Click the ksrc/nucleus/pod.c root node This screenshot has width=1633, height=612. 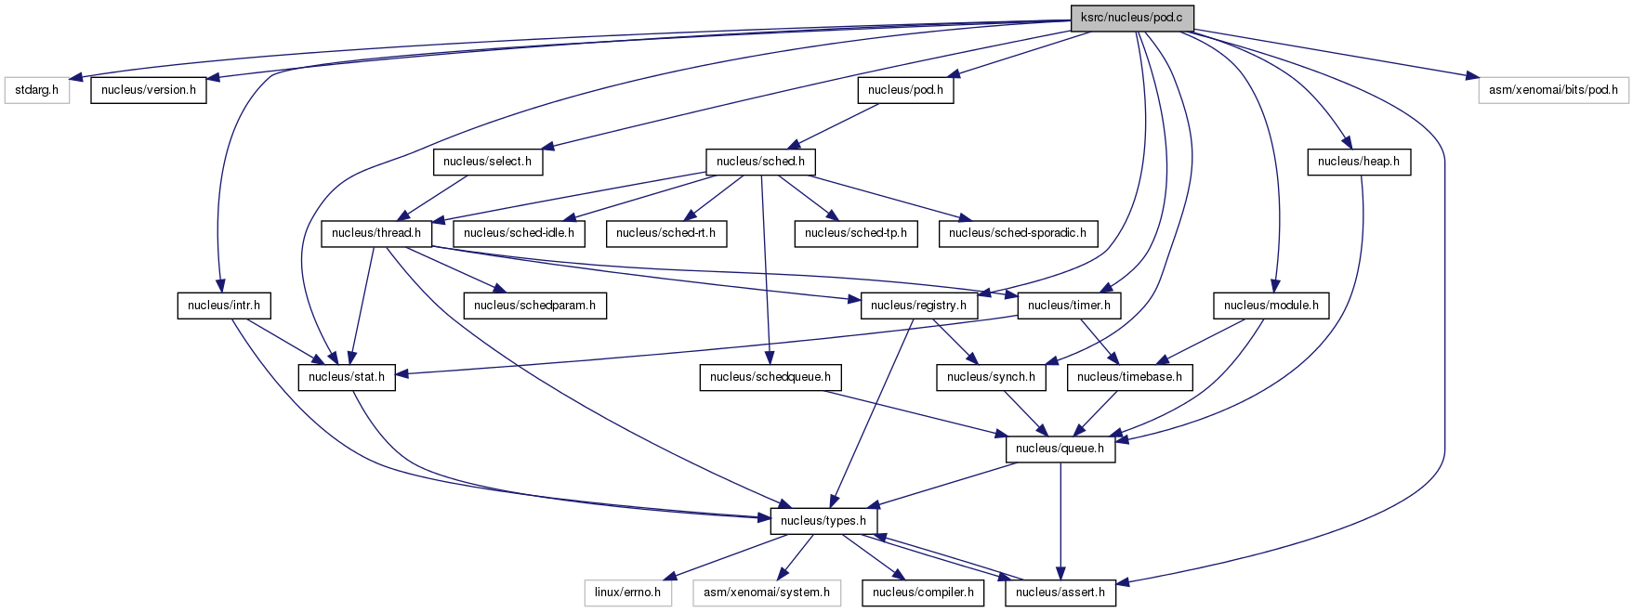pos(1131,18)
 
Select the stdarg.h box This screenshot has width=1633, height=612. pos(37,90)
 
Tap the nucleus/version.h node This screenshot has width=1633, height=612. pos(149,90)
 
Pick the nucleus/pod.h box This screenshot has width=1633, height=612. pos(905,90)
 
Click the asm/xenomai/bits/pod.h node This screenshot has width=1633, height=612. pos(1553,90)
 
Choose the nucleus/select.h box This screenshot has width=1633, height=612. pos(488,162)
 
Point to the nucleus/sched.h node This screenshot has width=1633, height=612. pos(760,162)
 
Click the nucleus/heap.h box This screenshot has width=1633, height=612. pos(1359,162)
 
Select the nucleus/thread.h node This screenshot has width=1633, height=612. pos(376,233)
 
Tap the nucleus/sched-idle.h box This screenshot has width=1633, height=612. pos(520,233)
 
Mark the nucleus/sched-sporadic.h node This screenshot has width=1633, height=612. pos(1018,233)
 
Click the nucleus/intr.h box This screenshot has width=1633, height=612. pos(224,305)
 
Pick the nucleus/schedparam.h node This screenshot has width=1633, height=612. pos(535,305)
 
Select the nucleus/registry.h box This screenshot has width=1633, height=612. pos(918,305)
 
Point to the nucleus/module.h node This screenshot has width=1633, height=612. pos(1271,305)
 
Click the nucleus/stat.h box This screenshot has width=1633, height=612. pos(347,377)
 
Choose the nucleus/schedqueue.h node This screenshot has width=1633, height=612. pos(770,377)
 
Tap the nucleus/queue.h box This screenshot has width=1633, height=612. pos(1060,449)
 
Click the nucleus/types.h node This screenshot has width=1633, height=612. pos(823,521)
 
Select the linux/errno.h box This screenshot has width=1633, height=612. pos(627,592)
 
